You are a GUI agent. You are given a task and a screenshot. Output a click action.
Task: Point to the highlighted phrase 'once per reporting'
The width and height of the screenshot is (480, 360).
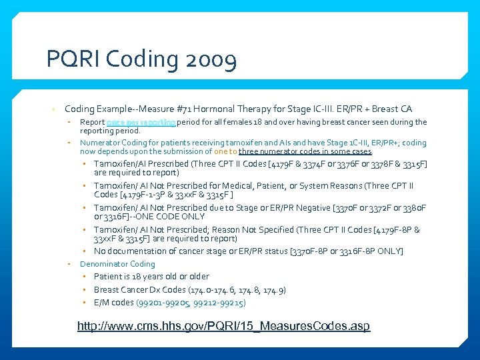coord(141,123)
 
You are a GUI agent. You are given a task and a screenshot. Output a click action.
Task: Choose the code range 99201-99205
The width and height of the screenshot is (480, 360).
coord(161,303)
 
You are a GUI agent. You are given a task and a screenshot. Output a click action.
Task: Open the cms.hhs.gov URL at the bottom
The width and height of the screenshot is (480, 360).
coord(223,327)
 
